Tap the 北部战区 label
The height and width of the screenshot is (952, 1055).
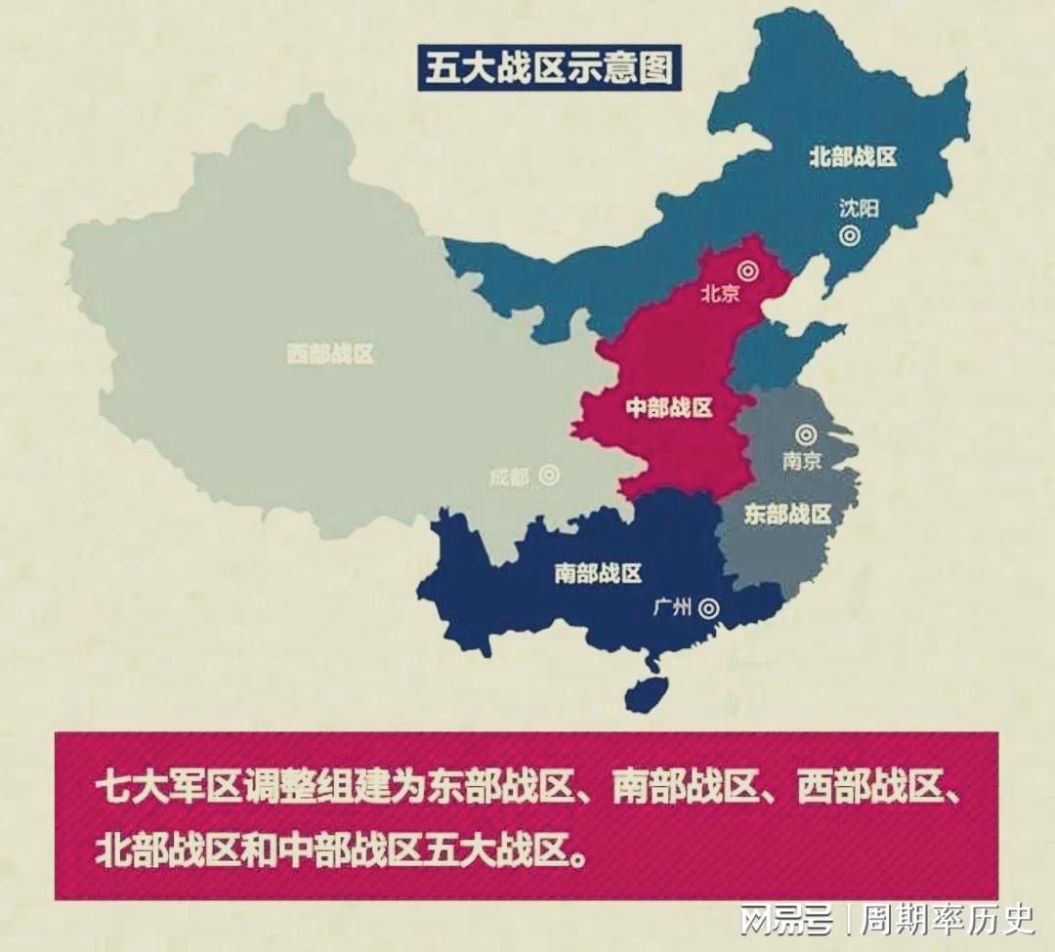coord(853,156)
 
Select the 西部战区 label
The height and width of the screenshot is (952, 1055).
coord(330,353)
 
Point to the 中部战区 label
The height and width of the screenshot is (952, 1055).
coord(668,408)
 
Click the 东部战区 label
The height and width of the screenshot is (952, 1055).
coord(787,515)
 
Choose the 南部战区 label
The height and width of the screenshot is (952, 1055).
coord(598,573)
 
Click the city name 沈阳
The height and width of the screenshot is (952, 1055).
coord(859,207)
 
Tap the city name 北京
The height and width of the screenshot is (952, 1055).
coord(720,293)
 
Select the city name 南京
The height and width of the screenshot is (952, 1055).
coord(802,461)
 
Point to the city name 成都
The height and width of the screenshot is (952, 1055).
coord(509,477)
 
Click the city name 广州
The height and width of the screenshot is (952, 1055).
coord(672,608)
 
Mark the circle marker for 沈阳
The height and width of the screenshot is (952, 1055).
coord(850,234)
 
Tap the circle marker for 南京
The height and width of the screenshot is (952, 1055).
coord(805,435)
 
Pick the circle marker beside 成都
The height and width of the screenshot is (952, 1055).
coord(549,476)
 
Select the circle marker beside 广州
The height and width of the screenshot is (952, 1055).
coord(709,608)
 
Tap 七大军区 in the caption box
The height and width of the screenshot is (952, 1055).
coord(167,788)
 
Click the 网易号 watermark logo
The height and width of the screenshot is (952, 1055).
coord(786,919)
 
